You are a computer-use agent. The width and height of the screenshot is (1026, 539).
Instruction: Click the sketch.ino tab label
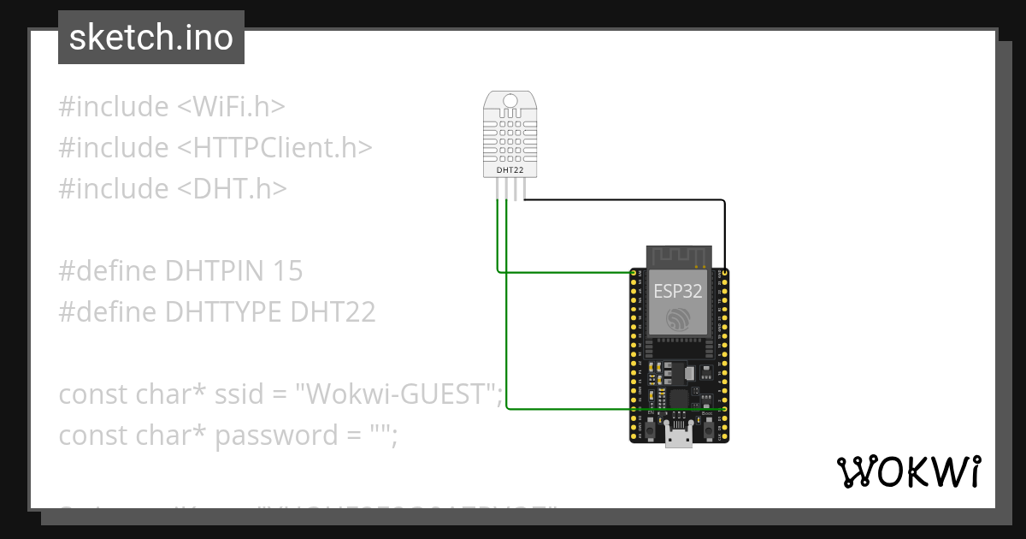[151, 38]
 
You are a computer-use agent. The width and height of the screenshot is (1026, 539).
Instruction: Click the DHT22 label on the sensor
[510, 170]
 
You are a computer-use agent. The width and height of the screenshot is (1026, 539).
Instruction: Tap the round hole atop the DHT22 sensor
[510, 102]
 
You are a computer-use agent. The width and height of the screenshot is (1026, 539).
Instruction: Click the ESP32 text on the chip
[678, 291]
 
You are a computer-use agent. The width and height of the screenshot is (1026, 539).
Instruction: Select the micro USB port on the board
[680, 437]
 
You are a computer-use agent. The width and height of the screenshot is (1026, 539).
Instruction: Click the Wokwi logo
[907, 471]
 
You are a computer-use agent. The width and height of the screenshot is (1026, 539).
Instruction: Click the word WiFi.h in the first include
[231, 107]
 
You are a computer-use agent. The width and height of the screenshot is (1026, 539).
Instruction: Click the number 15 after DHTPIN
[288, 271]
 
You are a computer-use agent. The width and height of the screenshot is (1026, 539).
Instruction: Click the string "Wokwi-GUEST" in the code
[399, 394]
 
